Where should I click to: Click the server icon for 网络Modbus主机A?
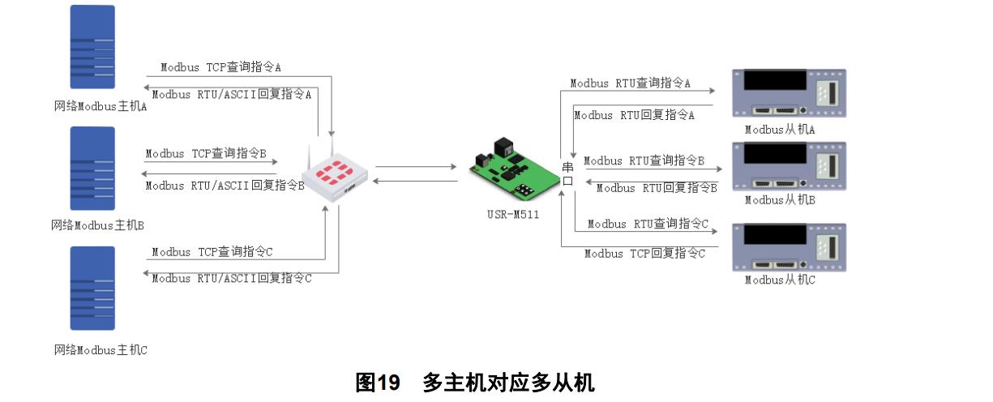point(92,47)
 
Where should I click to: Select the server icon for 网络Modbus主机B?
point(92,169)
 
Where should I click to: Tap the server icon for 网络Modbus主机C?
point(92,288)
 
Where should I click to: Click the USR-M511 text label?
point(509,215)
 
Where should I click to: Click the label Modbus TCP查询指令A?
point(220,67)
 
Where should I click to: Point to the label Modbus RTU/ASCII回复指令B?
point(225,186)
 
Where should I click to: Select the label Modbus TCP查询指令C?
point(212,252)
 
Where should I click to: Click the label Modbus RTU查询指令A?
point(630,83)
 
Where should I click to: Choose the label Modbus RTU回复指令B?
point(657,188)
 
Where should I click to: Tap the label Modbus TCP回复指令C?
point(645,254)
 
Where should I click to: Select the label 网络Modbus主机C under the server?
point(100,350)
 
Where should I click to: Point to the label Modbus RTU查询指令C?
point(648,224)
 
